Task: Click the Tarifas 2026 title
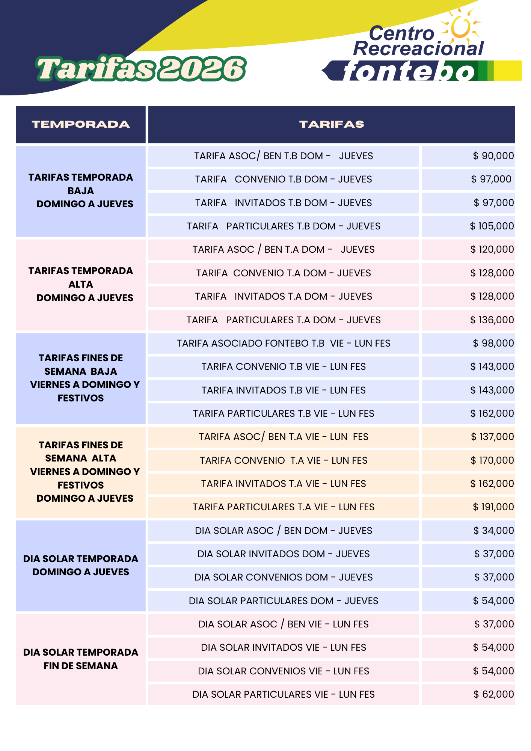pos(141,69)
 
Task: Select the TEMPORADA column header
pos(81,125)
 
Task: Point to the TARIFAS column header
pos(331,125)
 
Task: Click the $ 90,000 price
pos(493,156)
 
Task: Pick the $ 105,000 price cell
pos(492,226)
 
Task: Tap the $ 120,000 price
pos(492,249)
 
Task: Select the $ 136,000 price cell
pos(492,320)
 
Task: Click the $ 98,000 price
pos(493,343)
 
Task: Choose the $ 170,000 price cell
pos(492,460)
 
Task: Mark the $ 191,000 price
pos(493,507)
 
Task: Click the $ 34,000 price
pos(493,531)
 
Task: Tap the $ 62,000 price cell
pos(493,694)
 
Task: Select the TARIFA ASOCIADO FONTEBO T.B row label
pos(284,343)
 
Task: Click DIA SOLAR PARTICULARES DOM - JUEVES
pos(284,601)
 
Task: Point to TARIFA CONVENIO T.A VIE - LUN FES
pos(284,460)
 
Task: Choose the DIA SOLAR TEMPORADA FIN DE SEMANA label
pos(81,659)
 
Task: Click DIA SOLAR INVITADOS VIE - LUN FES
pos(284,647)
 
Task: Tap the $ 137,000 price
pos(492,437)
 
